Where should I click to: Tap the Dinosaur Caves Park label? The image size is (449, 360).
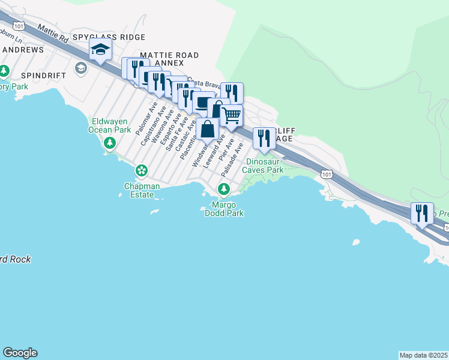(263, 166)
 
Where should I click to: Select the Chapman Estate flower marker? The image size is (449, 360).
(142, 171)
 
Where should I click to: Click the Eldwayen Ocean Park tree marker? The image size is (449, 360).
(109, 143)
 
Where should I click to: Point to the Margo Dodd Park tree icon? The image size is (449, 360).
(224, 190)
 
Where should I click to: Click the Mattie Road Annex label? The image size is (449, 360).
(169, 59)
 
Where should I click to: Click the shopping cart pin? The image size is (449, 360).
(232, 115)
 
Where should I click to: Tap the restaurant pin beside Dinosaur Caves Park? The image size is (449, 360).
(264, 137)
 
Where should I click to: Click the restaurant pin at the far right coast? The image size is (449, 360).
(421, 212)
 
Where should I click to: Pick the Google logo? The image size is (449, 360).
(20, 353)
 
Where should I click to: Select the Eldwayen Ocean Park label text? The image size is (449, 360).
(109, 125)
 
